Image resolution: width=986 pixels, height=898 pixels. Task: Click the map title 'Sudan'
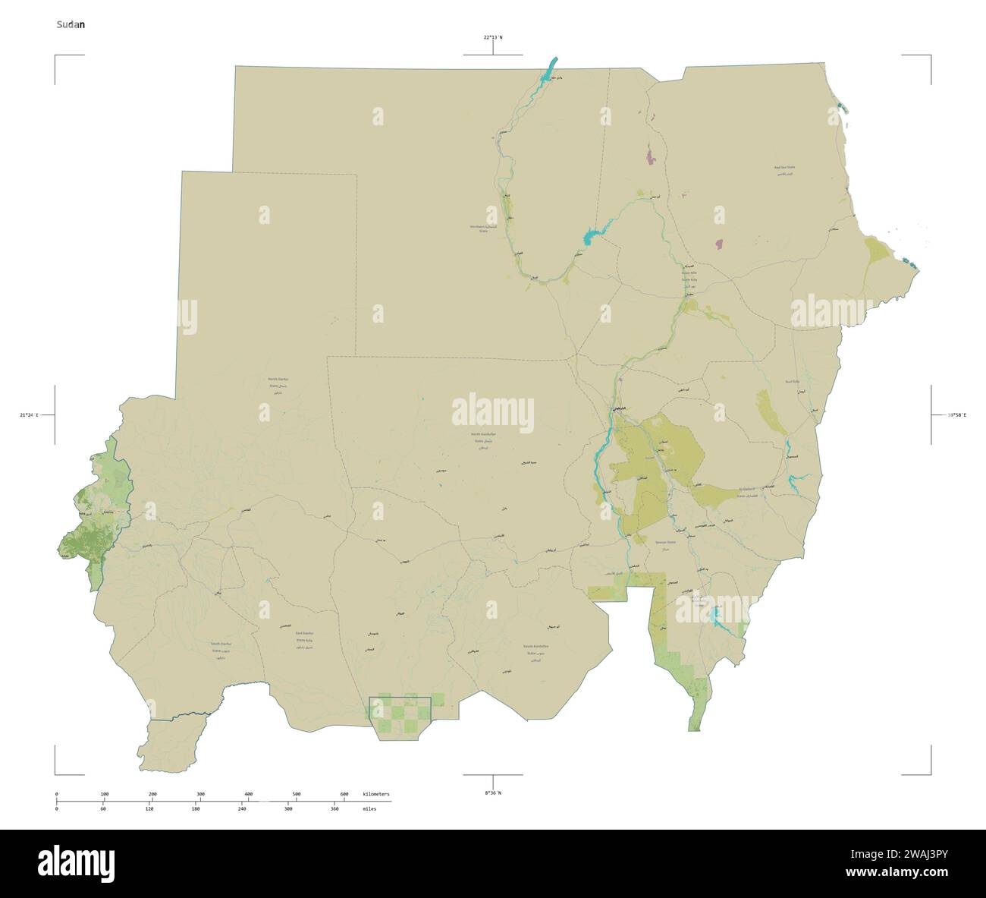(71, 24)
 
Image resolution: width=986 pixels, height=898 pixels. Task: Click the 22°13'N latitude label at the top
(493, 36)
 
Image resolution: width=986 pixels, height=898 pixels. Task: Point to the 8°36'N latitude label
(493, 792)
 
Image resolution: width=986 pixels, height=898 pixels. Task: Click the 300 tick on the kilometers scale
(200, 794)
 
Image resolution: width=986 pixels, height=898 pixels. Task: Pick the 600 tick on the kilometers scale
(344, 794)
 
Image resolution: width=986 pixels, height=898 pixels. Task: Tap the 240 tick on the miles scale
(242, 809)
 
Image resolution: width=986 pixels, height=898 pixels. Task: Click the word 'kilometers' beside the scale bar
(376, 794)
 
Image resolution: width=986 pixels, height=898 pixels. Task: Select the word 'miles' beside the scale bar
(369, 809)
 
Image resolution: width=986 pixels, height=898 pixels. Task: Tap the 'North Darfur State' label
(278, 386)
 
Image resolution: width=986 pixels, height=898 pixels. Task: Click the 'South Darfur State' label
(221, 647)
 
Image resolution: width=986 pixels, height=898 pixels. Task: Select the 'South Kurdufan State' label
(535, 650)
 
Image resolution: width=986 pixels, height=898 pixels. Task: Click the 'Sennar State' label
(665, 545)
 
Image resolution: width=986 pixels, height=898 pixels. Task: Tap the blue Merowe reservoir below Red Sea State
(595, 235)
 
